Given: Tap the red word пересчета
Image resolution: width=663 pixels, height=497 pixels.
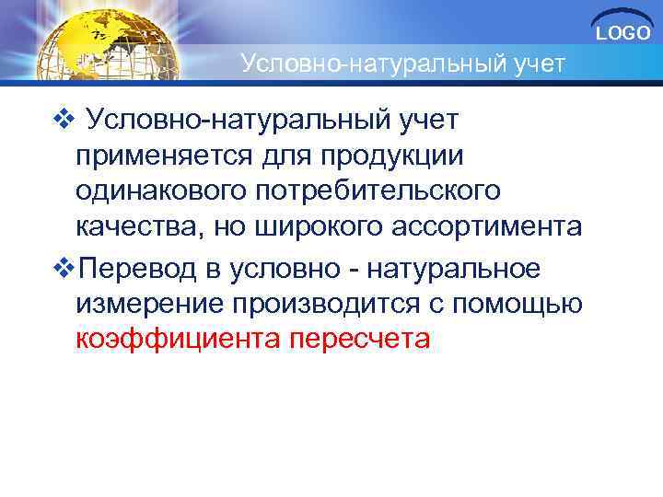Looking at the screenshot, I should tap(358, 340).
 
